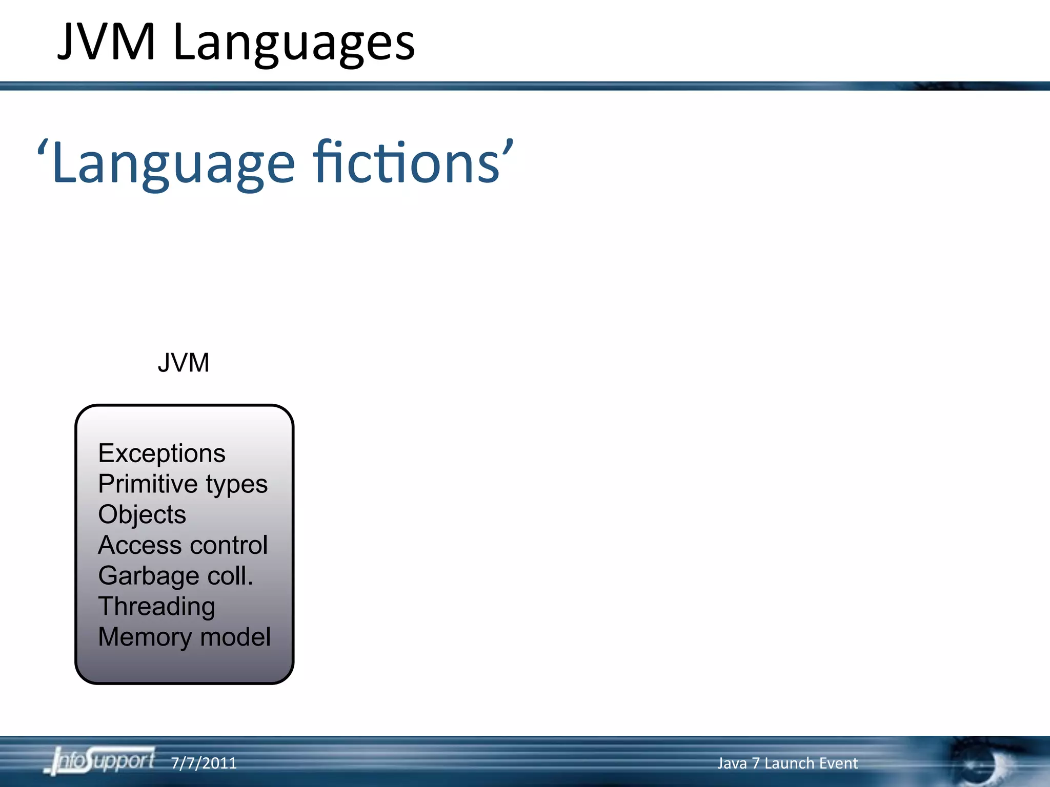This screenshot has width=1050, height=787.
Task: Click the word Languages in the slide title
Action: (x=294, y=44)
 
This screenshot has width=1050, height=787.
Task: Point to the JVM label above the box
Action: (x=184, y=363)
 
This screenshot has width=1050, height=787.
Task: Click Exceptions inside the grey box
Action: (x=161, y=453)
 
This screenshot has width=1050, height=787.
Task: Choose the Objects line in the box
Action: (x=142, y=514)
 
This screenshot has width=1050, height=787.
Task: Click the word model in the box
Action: (x=235, y=637)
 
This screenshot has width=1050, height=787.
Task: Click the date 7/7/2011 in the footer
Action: (x=204, y=763)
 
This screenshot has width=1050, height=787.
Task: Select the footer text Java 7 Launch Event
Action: (x=787, y=763)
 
